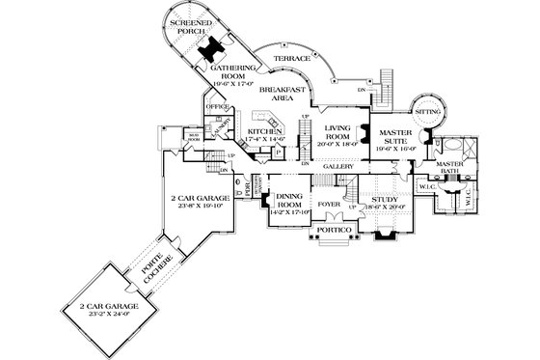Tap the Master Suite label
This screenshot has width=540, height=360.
396,137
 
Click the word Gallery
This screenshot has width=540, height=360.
337,167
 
